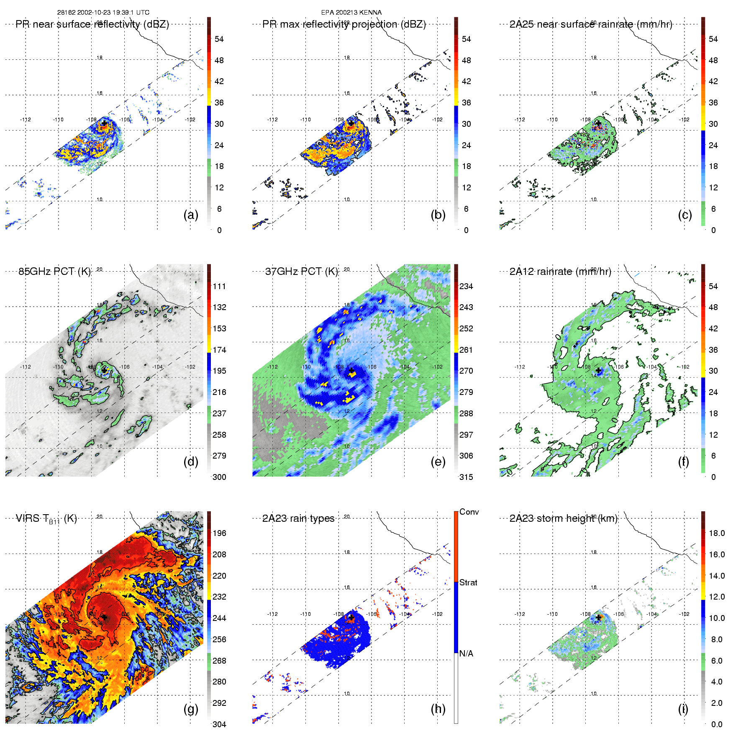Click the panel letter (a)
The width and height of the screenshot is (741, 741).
(191, 215)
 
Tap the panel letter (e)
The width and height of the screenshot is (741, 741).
(438, 462)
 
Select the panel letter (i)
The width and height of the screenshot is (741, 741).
(683, 709)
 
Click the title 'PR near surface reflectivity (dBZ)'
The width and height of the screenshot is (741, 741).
(92, 24)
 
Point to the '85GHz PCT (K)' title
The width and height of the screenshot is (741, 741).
(54, 272)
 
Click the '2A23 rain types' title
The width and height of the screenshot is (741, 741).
(298, 518)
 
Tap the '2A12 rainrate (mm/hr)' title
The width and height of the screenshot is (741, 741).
(560, 272)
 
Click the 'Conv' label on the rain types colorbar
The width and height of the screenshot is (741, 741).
(469, 512)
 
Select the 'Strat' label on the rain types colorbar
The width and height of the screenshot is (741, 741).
(468, 582)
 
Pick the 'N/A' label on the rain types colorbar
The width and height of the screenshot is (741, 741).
(466, 654)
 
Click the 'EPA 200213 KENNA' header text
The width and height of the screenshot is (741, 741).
(351, 13)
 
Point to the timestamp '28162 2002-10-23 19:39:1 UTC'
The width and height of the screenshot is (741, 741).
(103, 13)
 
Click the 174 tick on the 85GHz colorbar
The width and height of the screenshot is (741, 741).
(219, 350)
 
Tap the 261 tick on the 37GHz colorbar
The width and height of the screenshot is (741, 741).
(466, 350)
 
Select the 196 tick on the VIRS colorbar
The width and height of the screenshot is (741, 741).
(219, 533)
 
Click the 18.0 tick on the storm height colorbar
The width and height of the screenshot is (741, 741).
(717, 533)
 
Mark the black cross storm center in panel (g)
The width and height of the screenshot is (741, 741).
(104, 617)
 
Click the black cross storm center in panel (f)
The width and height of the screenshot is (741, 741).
(598, 370)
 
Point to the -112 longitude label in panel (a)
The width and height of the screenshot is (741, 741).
(26, 120)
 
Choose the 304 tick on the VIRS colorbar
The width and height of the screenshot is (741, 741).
(219, 724)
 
